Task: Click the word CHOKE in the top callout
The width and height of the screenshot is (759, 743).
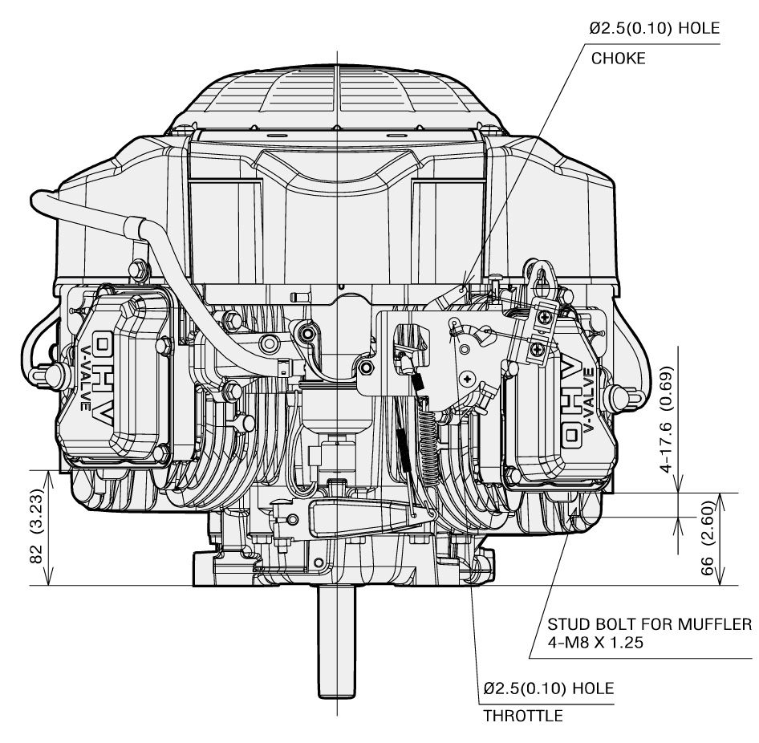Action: point(617,59)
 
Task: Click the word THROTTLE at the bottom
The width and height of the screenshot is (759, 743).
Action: point(522,717)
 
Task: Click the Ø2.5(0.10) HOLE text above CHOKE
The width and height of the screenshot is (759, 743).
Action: point(654,29)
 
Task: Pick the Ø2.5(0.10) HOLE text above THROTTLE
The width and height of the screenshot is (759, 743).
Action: point(548,689)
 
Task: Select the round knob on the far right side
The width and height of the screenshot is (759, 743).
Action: point(620,396)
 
